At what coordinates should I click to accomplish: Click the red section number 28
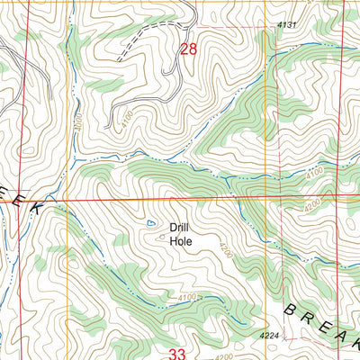pyautogui.click(x=188, y=50)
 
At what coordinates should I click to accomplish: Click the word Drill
pyautogui.click(x=181, y=228)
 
